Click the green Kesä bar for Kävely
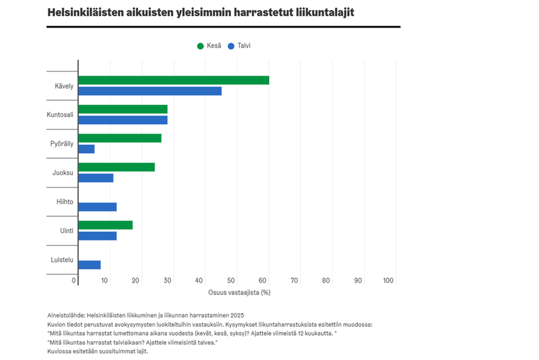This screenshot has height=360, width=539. click(174, 80)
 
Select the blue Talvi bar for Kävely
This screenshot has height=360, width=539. click(150, 91)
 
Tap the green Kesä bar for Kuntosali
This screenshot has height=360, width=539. click(123, 109)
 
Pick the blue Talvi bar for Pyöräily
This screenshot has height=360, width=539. click(87, 149)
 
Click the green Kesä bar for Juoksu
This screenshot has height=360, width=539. click(116, 167)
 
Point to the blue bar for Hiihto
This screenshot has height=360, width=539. click(97, 207)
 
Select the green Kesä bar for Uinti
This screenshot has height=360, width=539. click(106, 225)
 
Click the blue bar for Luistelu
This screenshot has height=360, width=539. click(89, 265)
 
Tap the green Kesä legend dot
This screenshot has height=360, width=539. click(200, 46)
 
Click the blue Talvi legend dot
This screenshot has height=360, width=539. click(231, 46)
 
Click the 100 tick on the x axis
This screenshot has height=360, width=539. click(388, 281)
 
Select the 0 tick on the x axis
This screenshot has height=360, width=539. click(74, 281)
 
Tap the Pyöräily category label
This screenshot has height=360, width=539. click(62, 144)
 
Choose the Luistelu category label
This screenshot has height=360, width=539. click(62, 259)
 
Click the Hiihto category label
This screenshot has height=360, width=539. click(65, 202)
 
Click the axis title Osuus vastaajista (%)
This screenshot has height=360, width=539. click(239, 292)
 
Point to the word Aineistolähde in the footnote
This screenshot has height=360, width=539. click(65, 316)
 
